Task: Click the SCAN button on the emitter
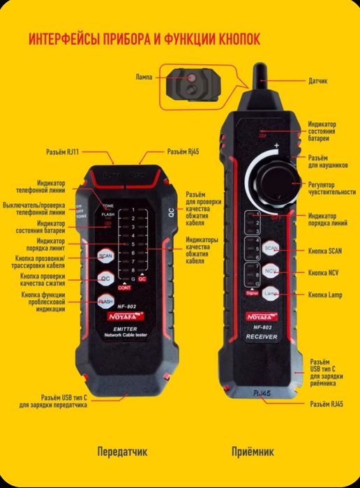point(105,256)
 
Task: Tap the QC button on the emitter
point(105,279)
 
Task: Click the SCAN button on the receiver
point(271,249)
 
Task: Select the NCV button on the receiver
point(271,271)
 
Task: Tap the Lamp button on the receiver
point(271,295)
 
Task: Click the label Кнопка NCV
point(324,272)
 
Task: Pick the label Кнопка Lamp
point(326,295)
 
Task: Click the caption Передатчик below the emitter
point(122,452)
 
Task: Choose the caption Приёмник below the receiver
point(252,452)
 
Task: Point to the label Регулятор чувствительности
point(331,188)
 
